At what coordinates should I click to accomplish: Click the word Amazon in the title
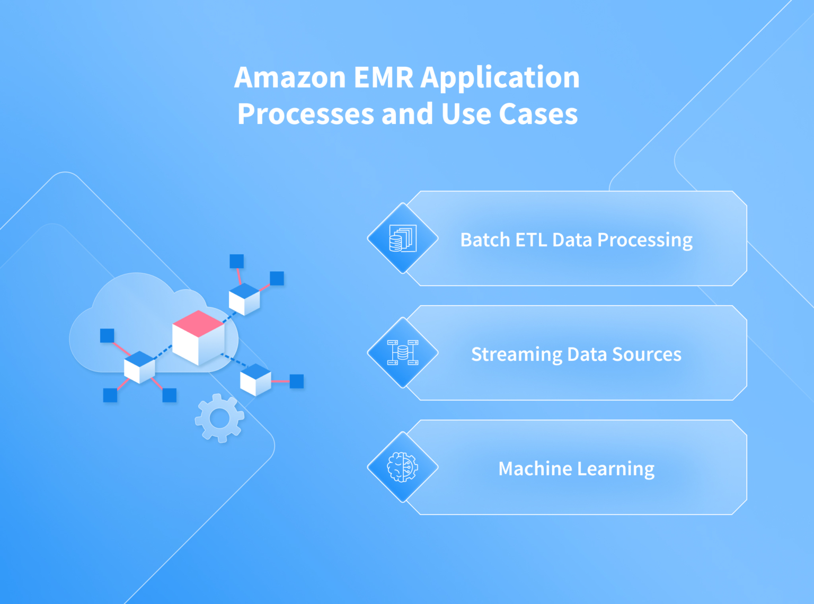(290, 78)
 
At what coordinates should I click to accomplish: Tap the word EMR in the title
(383, 78)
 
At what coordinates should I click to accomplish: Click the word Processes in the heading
(305, 114)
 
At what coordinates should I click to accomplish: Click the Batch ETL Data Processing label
(576, 240)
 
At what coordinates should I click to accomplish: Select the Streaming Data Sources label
(576, 354)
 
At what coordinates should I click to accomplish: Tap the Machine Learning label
(576, 469)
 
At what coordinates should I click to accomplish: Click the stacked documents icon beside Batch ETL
(403, 238)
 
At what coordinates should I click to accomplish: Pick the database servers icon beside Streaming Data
(403, 353)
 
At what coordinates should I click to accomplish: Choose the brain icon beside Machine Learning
(403, 467)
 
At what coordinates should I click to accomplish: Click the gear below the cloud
(219, 419)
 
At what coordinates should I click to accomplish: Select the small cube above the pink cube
(244, 299)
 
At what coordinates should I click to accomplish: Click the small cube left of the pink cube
(139, 367)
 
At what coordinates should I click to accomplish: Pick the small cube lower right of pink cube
(255, 380)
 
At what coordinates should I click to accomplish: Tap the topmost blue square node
(236, 261)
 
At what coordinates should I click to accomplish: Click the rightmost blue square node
(297, 381)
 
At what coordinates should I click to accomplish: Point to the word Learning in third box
(616, 469)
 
